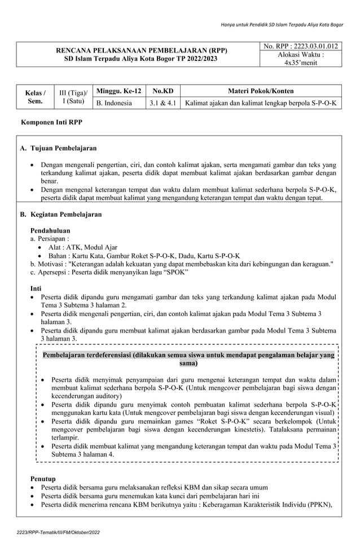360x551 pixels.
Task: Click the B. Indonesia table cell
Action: pyautogui.click(x=115, y=103)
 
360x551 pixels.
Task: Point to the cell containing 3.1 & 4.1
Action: pyautogui.click(x=163, y=103)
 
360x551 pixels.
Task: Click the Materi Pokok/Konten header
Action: pyautogui.click(x=261, y=91)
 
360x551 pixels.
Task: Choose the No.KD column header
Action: pyautogui.click(x=163, y=91)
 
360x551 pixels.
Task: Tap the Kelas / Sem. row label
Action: pyautogui.click(x=34, y=97)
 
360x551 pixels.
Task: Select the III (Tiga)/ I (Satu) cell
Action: pyautogui.click(x=72, y=97)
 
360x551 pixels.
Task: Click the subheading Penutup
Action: pyautogui.click(x=43, y=478)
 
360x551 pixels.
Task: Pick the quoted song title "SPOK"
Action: pyautogui.click(x=177, y=272)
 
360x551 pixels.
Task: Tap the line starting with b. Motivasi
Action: pyautogui.click(x=182, y=264)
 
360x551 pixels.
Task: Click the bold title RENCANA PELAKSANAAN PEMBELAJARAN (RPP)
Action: pyautogui.click(x=137, y=50)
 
